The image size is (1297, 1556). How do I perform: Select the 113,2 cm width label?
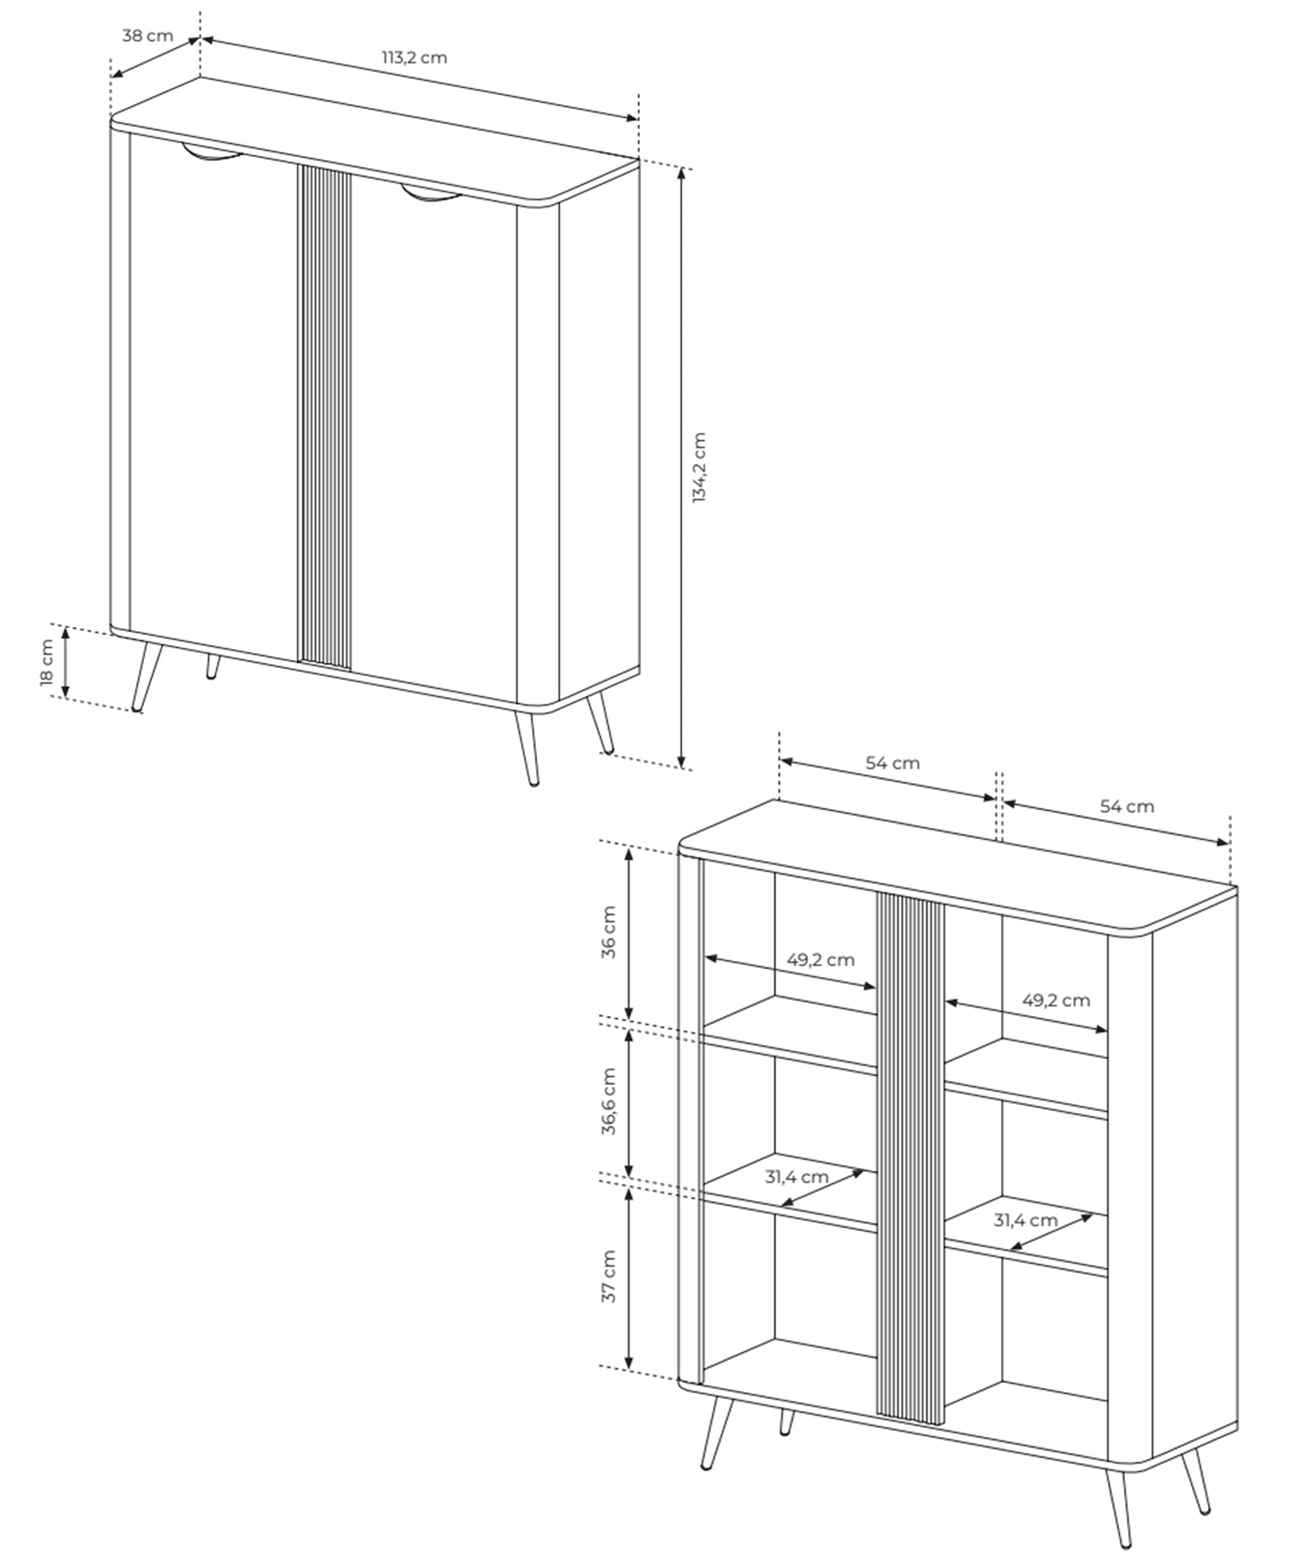415,58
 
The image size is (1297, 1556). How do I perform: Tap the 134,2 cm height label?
699,467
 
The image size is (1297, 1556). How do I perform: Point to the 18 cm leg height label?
47,662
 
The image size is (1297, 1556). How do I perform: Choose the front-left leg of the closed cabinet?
147,676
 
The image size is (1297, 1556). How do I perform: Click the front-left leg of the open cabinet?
716,1433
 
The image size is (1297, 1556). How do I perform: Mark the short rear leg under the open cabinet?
787,1422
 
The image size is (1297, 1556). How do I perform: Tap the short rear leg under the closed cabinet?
213,666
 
